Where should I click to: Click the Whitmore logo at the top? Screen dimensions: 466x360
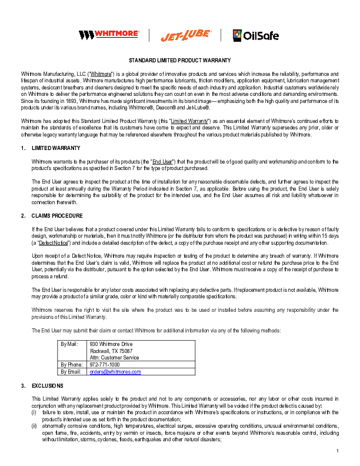pos(109,35)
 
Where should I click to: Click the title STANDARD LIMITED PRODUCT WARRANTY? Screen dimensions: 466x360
pos(179,61)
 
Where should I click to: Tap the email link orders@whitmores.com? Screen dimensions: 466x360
pos(115,372)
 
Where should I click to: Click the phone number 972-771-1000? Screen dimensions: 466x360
pos(104,365)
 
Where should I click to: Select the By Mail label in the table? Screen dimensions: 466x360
pos(69,343)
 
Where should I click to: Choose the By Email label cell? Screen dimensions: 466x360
pos(71,372)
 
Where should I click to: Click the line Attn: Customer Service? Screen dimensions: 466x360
pos(114,357)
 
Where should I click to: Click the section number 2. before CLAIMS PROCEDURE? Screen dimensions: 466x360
pos(22,216)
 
